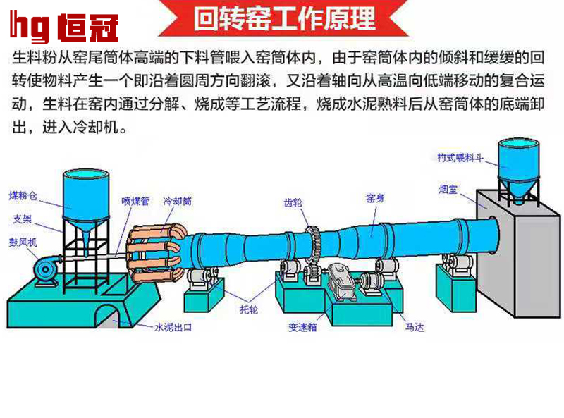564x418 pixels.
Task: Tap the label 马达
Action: tap(415, 327)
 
